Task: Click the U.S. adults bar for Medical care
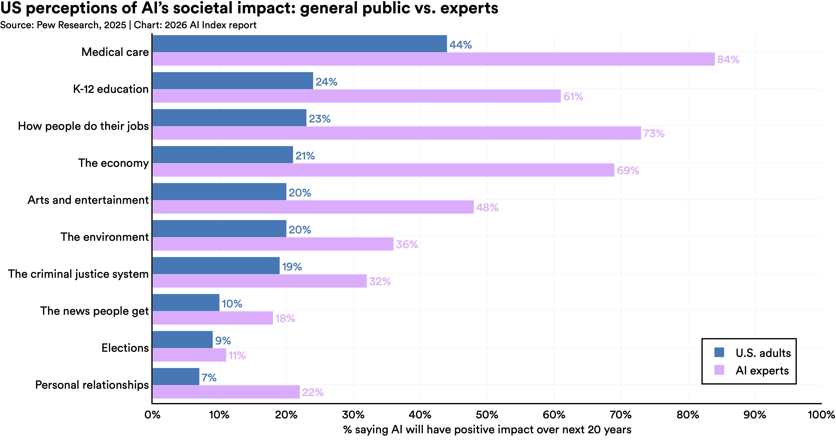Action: pyautogui.click(x=299, y=44)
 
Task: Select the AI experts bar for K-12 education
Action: pyautogui.click(x=356, y=96)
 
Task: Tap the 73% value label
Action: pyautogui.click(x=654, y=134)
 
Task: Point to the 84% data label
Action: pyautogui.click(x=728, y=60)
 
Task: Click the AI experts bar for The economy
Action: pyautogui.click(x=383, y=170)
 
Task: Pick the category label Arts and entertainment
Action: pyautogui.click(x=88, y=200)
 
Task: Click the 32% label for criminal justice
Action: pyautogui.click(x=380, y=281)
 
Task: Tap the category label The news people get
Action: pyautogui.click(x=94, y=311)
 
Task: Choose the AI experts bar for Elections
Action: pyautogui.click(x=189, y=355)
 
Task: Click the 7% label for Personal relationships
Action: pyautogui.click(x=209, y=378)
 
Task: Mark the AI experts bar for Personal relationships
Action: pyautogui.click(x=226, y=392)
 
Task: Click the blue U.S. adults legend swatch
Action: pyautogui.click(x=719, y=352)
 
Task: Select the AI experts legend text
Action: pyautogui.click(x=762, y=370)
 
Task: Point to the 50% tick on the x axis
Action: pyautogui.click(x=487, y=415)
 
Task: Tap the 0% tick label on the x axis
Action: pyautogui.click(x=152, y=415)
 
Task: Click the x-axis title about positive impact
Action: pyautogui.click(x=487, y=430)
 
